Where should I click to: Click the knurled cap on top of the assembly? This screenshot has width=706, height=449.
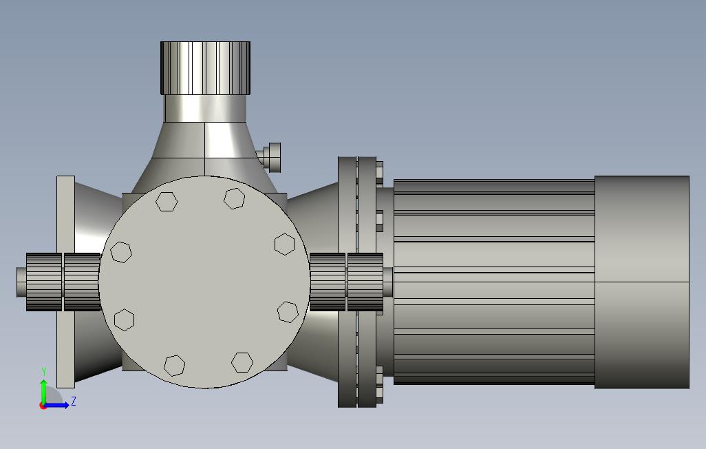[x=205, y=68]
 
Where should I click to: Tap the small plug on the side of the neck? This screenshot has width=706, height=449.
[x=270, y=156]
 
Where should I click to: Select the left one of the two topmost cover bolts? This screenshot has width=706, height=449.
[x=167, y=201]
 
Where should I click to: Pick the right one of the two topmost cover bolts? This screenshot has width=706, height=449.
[x=235, y=198]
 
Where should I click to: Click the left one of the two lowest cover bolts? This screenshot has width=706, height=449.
[x=174, y=365]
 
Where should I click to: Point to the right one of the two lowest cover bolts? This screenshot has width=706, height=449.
[x=242, y=362]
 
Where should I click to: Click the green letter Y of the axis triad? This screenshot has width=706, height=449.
[x=44, y=371]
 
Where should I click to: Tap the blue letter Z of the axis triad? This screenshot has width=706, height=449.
[x=74, y=401]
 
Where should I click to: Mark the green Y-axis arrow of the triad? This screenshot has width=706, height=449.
[x=43, y=393]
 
